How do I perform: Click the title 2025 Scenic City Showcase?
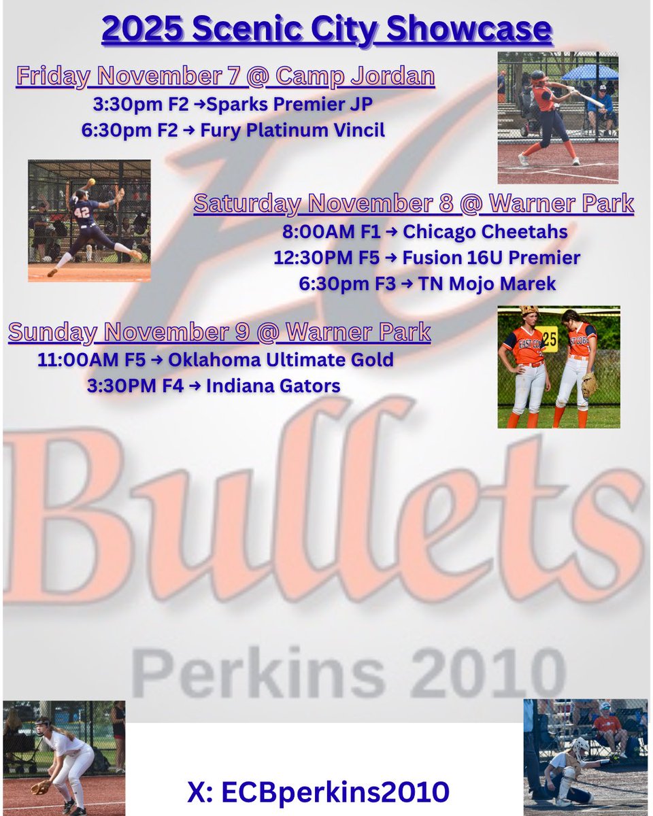(326, 30)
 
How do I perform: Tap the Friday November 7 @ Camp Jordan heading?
(225, 76)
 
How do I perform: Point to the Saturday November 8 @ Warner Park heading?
(414, 203)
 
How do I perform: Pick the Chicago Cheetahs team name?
(485, 232)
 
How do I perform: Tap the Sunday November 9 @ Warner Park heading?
(219, 333)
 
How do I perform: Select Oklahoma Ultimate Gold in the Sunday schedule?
(299, 359)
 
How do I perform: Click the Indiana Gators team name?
(273, 386)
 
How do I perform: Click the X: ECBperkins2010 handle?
(318, 792)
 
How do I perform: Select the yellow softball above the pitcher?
(91, 182)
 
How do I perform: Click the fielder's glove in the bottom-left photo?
(41, 787)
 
